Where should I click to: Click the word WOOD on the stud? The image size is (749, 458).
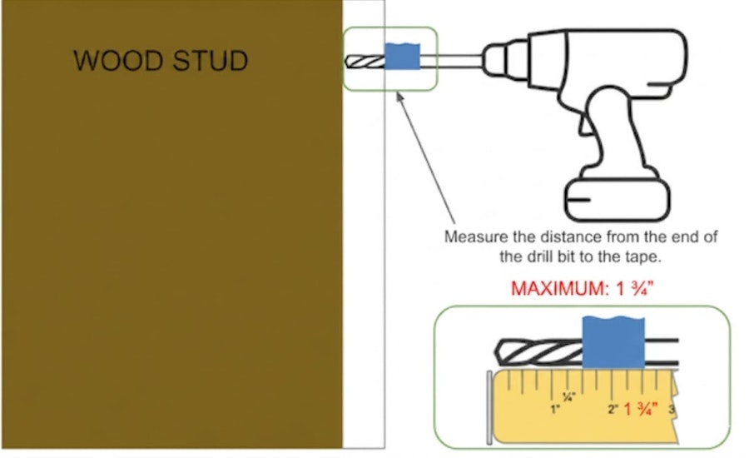(118, 61)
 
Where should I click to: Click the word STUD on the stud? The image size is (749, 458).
(211, 61)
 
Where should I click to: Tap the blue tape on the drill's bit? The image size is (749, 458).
(402, 57)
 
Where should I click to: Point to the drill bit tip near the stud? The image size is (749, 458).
(346, 62)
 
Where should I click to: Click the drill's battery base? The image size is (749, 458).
(617, 200)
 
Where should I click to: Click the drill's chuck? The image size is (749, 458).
(505, 59)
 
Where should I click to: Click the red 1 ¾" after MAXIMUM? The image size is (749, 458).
(634, 288)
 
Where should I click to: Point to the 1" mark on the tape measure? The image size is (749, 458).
(554, 410)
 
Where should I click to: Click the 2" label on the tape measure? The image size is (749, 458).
(613, 410)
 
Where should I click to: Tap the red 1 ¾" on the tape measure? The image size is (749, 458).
(640, 409)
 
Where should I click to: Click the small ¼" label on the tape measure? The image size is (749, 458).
(569, 396)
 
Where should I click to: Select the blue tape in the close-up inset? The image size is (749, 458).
(613, 342)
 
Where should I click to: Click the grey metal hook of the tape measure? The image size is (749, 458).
(489, 407)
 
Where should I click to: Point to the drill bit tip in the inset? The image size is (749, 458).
(497, 351)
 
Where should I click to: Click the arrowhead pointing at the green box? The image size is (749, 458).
(399, 96)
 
